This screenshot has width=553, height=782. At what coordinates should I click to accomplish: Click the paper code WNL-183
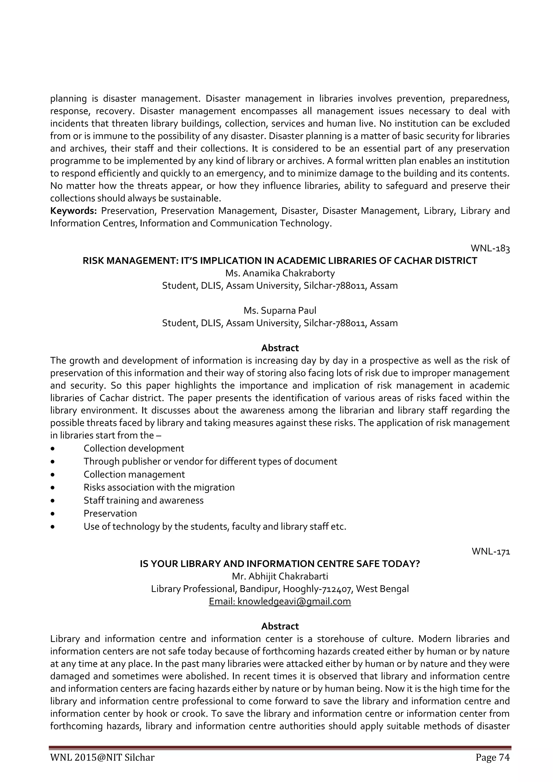[x=490, y=248]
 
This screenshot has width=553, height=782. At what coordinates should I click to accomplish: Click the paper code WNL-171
[x=490, y=551]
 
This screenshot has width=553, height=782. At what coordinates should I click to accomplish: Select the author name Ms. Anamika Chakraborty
[x=280, y=273]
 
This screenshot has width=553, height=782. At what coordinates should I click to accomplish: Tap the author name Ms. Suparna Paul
[x=280, y=311]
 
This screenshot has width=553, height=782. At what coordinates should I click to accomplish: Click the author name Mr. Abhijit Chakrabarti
[x=280, y=576]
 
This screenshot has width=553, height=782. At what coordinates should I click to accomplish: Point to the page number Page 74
[x=493, y=767]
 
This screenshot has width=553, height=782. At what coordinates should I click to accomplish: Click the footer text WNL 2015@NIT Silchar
[x=102, y=767]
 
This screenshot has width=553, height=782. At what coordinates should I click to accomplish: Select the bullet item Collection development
[x=134, y=448]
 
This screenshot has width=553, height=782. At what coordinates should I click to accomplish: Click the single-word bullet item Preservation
[x=110, y=513]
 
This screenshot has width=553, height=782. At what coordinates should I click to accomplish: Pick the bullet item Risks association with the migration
[x=159, y=487]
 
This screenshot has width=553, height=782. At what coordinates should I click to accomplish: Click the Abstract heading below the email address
[x=280, y=626]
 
